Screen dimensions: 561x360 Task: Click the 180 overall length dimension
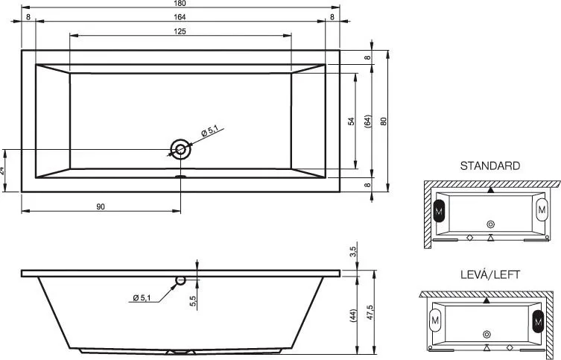(181, 3)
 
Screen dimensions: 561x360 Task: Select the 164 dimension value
(180, 17)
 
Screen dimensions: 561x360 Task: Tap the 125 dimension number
(180, 31)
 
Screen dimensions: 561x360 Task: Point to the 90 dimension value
(101, 206)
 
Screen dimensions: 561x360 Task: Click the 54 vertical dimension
(352, 121)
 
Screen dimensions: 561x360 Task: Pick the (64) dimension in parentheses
(368, 121)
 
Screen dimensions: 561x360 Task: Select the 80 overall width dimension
(384, 121)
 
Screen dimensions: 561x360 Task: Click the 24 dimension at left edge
(2, 171)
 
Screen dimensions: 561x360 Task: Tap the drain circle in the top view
(181, 149)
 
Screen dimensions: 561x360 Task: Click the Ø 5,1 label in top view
(210, 131)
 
